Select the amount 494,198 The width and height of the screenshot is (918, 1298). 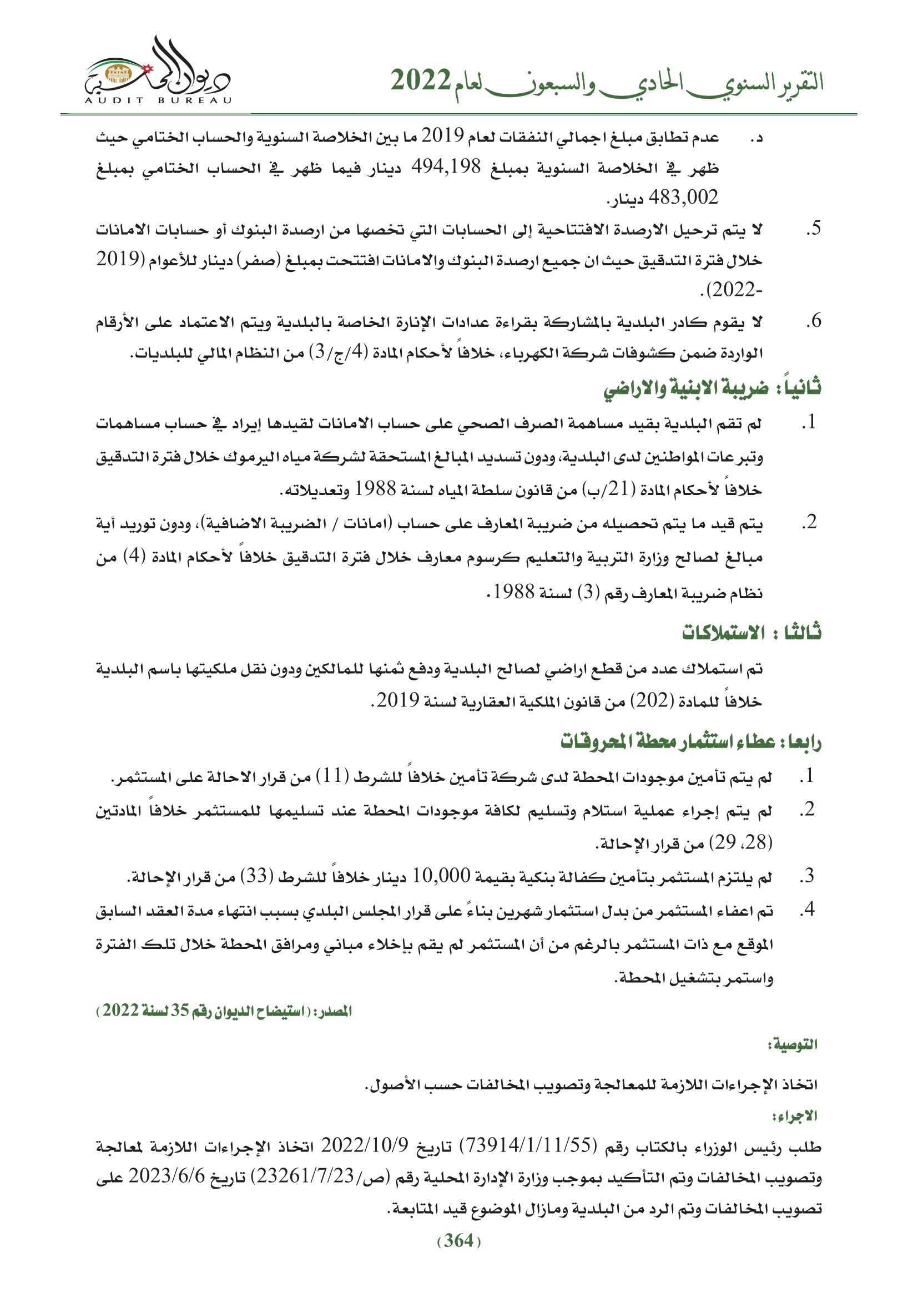pyautogui.click(x=446, y=166)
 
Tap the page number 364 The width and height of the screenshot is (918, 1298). pyautogui.click(x=458, y=1241)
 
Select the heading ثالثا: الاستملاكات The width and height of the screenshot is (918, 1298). pyautogui.click(x=751, y=632)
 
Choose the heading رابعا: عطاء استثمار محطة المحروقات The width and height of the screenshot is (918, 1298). pyautogui.click(x=690, y=741)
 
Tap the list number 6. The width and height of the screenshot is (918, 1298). pyautogui.click(x=813, y=321)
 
